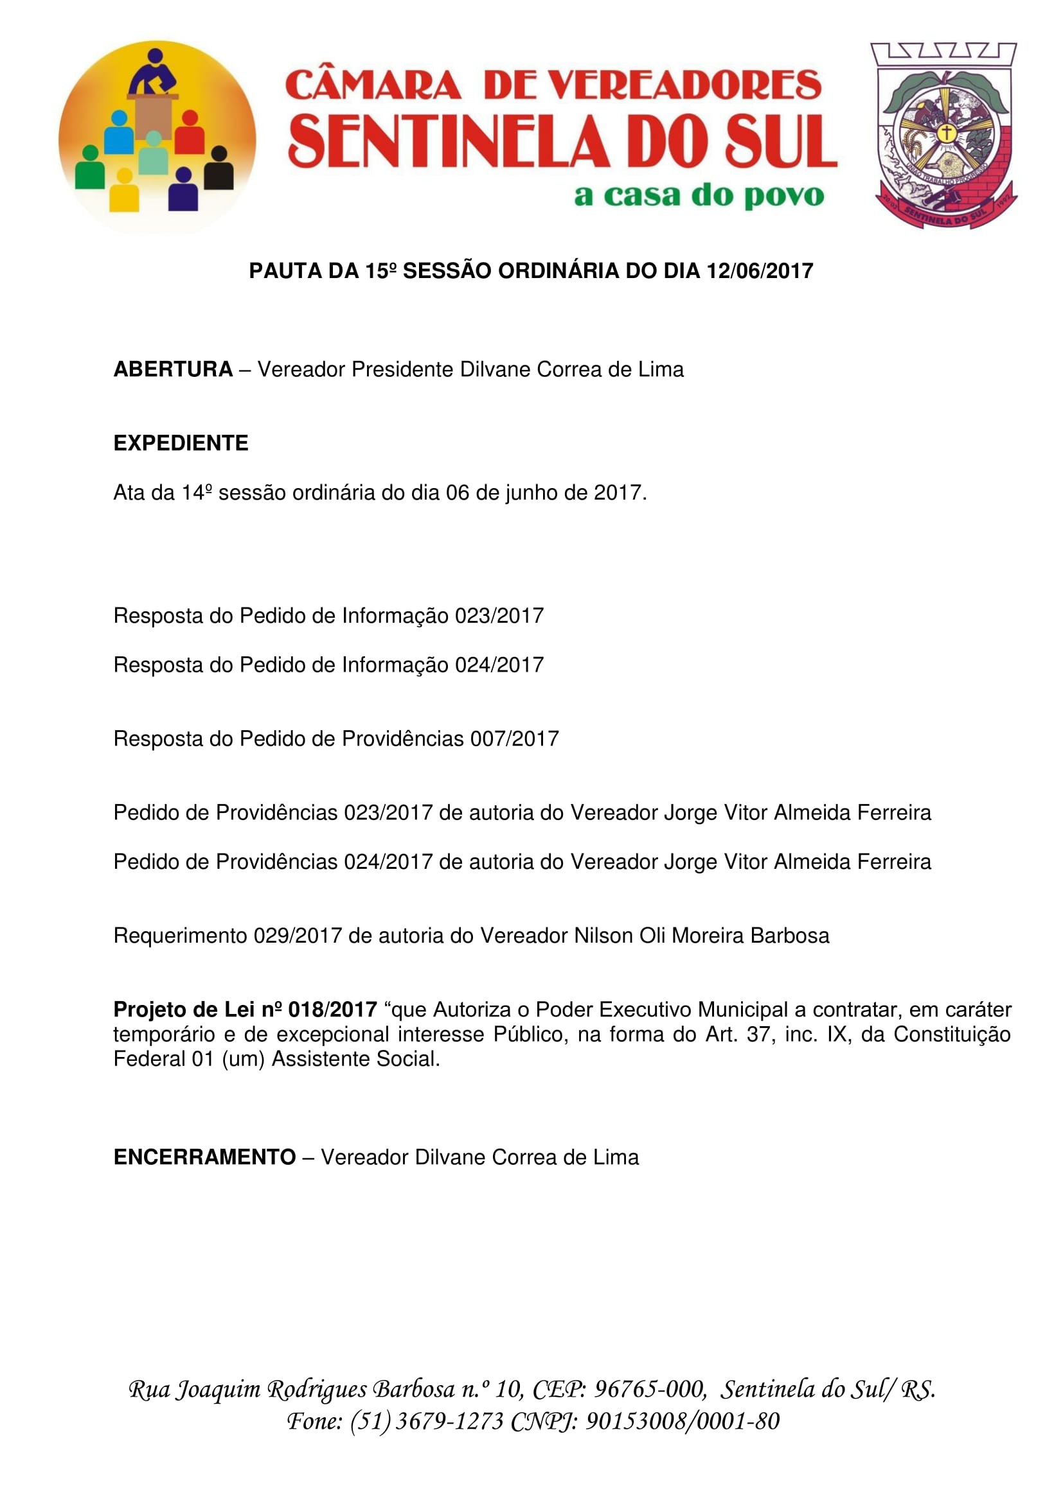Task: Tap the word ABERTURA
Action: coord(173,370)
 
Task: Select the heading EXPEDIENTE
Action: coord(181,443)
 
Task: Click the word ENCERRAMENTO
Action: coord(204,1157)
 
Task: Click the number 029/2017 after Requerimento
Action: coord(298,936)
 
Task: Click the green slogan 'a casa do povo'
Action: coord(699,196)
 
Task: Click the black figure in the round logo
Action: coord(219,169)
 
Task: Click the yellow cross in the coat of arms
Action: coord(946,133)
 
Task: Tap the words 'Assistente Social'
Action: coord(355,1058)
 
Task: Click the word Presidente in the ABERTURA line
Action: coord(402,370)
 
